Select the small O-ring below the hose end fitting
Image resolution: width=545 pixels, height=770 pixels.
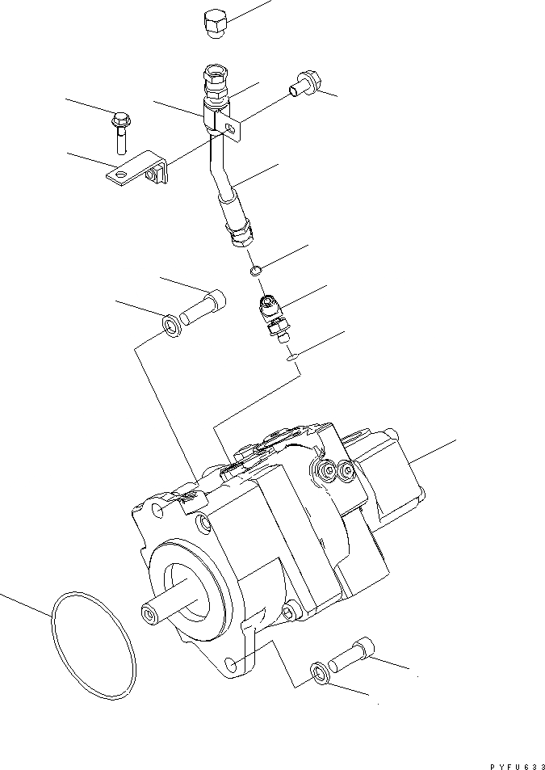tap(256, 270)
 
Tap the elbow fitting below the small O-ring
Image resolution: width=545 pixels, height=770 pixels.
tap(274, 316)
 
